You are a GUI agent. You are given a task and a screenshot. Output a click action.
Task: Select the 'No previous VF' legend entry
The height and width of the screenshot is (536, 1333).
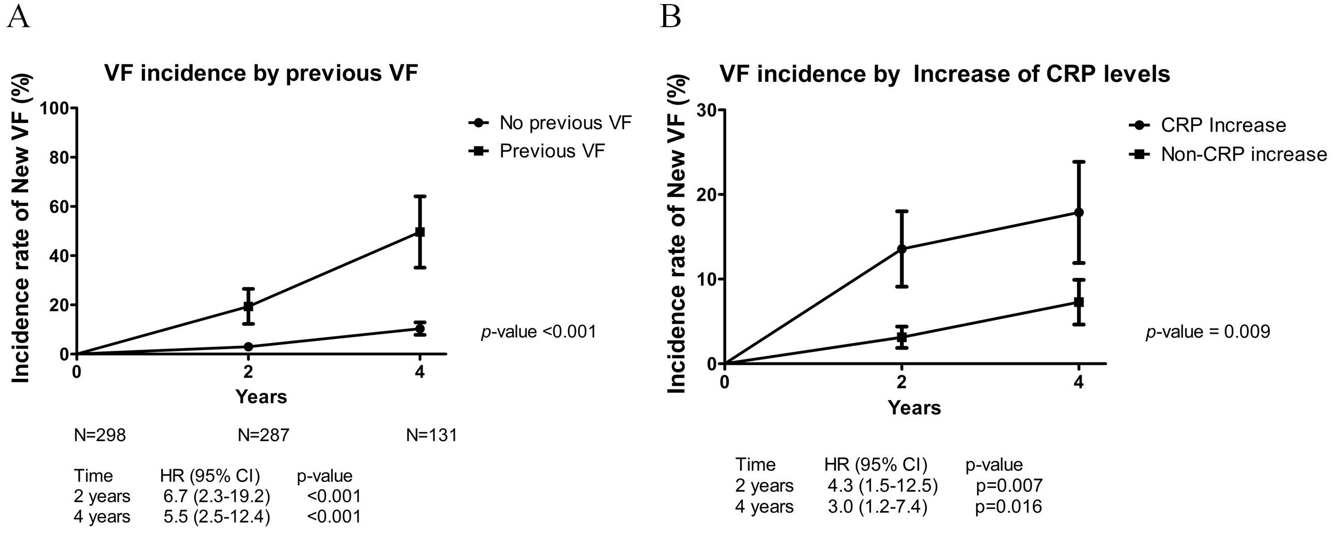pyautogui.click(x=550, y=123)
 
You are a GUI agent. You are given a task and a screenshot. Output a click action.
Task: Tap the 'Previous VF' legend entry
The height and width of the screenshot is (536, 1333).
pyautogui.click(x=537, y=151)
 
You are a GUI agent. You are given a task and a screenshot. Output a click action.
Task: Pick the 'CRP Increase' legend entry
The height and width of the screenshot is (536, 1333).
pyautogui.click(x=1207, y=125)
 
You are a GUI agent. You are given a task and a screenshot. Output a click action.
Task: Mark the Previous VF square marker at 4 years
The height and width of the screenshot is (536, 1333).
pyautogui.click(x=420, y=232)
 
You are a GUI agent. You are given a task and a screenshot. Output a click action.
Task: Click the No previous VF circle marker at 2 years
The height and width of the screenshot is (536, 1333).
pyautogui.click(x=248, y=347)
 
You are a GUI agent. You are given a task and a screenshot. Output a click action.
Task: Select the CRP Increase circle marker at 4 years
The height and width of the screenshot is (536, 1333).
pyautogui.click(x=1079, y=212)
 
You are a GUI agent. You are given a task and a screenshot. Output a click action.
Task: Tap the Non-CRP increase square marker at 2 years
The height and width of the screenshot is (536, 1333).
pyautogui.click(x=902, y=337)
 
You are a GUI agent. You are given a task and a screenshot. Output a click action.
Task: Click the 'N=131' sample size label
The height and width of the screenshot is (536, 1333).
pyautogui.click(x=432, y=436)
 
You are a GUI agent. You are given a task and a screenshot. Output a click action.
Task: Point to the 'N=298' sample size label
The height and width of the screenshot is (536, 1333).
pyautogui.click(x=100, y=436)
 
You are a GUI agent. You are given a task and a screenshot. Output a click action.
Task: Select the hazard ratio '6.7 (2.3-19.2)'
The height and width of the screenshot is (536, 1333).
pyautogui.click(x=217, y=496)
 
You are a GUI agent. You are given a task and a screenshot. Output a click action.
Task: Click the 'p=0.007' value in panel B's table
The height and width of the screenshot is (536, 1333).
pyautogui.click(x=1008, y=486)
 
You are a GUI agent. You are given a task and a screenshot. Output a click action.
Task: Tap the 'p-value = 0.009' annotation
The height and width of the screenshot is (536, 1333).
pyautogui.click(x=1208, y=332)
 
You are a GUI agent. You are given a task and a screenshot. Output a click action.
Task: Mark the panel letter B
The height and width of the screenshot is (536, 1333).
pyautogui.click(x=671, y=16)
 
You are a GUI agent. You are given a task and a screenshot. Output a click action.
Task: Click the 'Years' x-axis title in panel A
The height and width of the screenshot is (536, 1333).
pyautogui.click(x=261, y=397)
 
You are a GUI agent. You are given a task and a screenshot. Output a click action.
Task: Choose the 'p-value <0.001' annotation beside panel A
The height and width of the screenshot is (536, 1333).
pyautogui.click(x=539, y=332)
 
